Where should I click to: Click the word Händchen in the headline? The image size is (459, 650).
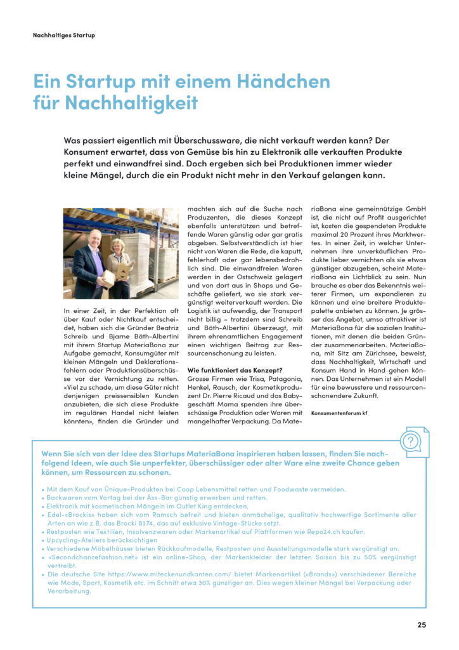[x=289, y=83]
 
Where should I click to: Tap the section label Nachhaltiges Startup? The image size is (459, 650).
[x=63, y=36]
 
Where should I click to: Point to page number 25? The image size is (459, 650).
[x=422, y=625]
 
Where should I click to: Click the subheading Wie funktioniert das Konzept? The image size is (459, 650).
[x=235, y=371]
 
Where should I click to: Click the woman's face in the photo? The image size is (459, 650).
[x=119, y=248]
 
